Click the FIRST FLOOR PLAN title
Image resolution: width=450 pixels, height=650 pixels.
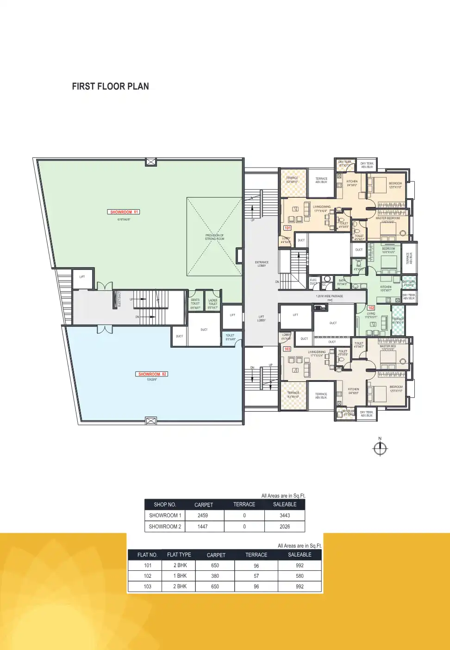coord(110,87)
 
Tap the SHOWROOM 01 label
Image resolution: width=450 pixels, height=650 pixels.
coord(124,212)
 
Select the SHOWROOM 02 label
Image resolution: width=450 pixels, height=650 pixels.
coord(152,374)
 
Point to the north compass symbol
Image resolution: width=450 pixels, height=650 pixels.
coord(380,448)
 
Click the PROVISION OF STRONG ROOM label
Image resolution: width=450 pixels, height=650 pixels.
coord(214,237)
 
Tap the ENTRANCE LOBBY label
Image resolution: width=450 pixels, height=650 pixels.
coord(262,264)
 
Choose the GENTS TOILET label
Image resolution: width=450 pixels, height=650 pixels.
coord(195,302)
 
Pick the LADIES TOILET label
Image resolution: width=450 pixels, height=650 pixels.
coord(213,302)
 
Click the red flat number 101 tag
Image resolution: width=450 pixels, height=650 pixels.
coord(287,228)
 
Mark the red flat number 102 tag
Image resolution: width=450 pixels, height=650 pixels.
coord(371,308)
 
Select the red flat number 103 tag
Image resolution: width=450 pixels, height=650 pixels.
coord(287,349)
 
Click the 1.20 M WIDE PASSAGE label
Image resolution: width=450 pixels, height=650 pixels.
coord(330,296)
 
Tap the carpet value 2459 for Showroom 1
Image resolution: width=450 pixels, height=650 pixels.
coord(203,515)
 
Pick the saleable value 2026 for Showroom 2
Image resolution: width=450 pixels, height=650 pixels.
coord(285,526)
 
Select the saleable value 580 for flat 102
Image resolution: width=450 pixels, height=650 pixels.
coord(300,576)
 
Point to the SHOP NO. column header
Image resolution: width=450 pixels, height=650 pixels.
coord(165,505)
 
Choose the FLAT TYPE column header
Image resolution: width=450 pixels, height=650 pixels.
coord(179,555)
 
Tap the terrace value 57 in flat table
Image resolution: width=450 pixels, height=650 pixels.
coord(256,576)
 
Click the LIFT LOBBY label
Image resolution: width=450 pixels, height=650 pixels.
coord(261,319)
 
